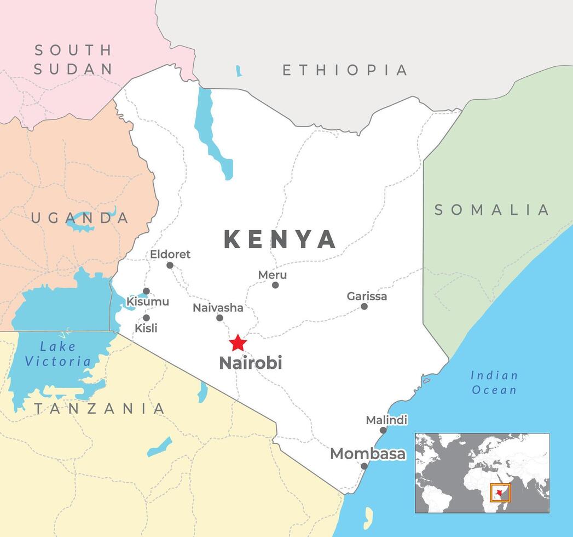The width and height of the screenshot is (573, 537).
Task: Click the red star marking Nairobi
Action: (x=238, y=343)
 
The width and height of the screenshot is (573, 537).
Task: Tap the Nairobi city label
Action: (x=250, y=363)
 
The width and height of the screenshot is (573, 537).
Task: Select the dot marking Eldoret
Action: (x=170, y=265)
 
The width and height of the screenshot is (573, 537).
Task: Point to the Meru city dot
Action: (x=275, y=285)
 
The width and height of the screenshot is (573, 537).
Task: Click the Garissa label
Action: (x=367, y=296)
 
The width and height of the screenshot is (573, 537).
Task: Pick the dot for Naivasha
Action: (x=219, y=318)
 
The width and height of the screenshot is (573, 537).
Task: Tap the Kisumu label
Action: (x=148, y=302)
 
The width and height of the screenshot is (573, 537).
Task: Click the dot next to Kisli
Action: (x=146, y=318)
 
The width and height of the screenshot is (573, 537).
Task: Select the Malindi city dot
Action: (x=383, y=430)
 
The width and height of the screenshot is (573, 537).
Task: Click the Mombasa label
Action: (x=368, y=454)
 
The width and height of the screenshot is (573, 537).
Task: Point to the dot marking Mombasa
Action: (x=364, y=466)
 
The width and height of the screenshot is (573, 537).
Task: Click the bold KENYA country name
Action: (x=280, y=239)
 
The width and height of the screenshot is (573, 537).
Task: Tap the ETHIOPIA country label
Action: (x=345, y=70)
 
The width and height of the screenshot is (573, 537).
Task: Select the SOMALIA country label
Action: (x=491, y=210)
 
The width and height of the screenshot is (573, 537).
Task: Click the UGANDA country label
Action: (x=80, y=218)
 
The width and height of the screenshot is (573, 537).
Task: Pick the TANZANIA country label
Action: (x=99, y=408)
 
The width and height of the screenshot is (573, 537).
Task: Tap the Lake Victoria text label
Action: (x=58, y=354)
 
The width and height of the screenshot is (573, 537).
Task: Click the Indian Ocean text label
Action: (x=494, y=382)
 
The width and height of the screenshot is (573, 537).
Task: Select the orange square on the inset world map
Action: (x=500, y=493)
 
